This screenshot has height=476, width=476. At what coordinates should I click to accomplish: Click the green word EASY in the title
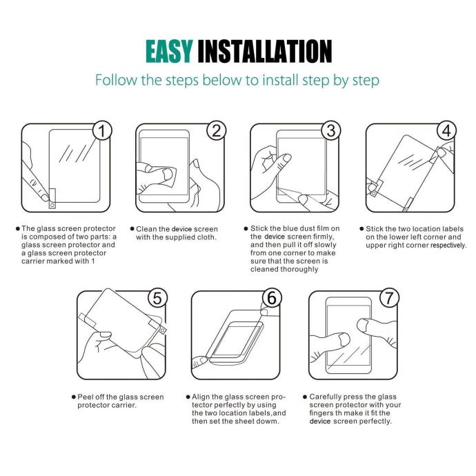click(169, 51)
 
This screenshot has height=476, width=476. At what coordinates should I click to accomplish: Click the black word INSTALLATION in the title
click(265, 51)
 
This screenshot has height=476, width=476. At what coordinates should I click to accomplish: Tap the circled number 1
click(102, 131)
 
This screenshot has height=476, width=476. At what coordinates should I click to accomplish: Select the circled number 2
click(216, 131)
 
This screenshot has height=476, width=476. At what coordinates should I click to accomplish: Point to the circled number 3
click(331, 131)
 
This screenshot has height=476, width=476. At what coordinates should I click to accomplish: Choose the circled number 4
click(446, 131)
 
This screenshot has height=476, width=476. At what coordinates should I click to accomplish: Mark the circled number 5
click(157, 298)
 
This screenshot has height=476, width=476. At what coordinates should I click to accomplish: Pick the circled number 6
click(272, 298)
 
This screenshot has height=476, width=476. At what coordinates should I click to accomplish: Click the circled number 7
click(389, 298)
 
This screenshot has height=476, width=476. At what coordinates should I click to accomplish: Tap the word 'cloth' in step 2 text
click(207, 237)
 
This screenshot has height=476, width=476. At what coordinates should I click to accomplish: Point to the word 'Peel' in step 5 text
click(85, 397)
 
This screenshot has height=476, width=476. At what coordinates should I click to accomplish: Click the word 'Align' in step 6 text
click(201, 397)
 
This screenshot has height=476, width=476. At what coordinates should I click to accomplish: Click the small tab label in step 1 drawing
click(52, 199)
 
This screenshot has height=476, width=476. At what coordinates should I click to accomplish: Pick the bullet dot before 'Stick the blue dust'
click(246, 228)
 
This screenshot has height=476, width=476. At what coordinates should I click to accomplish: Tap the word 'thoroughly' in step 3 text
click(299, 269)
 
